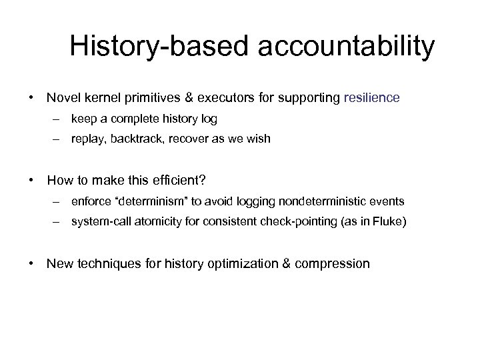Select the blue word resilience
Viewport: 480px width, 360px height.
pos(371,98)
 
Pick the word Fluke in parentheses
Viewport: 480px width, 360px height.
pos(384,221)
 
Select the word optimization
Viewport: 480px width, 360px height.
pos(235,263)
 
